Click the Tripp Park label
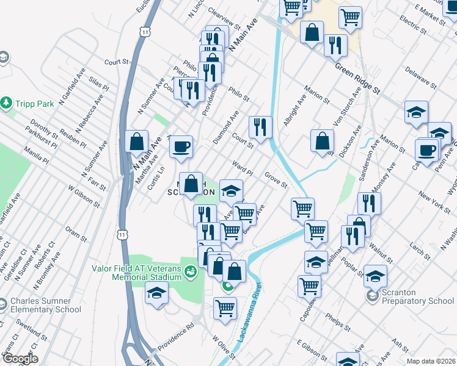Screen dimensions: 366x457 click(34, 104)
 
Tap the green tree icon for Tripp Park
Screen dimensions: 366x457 click(7, 103)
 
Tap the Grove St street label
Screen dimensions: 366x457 click(276, 180)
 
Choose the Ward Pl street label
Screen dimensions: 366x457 click(243, 169)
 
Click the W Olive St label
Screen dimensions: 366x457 click(223, 346)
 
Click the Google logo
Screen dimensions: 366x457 click(20, 359)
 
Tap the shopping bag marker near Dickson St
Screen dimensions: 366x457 click(322, 141)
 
